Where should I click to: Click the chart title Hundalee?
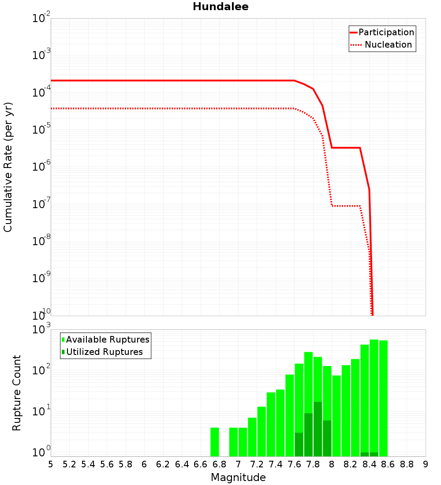pos(220,7)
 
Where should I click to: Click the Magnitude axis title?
pos(238,478)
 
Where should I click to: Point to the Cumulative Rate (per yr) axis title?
pos(8,167)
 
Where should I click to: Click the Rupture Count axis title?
pos(17,393)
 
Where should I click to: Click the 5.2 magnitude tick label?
pos(69,464)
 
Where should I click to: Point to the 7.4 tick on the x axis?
pos(276,464)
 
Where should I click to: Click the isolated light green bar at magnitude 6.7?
pos(215,442)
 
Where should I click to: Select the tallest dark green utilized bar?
pos(318,429)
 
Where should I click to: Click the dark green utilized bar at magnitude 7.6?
pos(299,444)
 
